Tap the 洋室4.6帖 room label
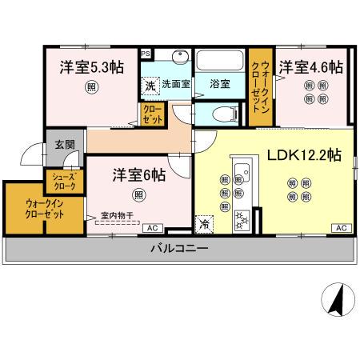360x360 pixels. [311, 67]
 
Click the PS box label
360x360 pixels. [145, 54]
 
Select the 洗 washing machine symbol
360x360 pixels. [150, 85]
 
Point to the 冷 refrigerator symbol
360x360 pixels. [206, 225]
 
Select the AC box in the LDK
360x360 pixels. [341, 229]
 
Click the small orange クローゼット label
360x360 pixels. [152, 112]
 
